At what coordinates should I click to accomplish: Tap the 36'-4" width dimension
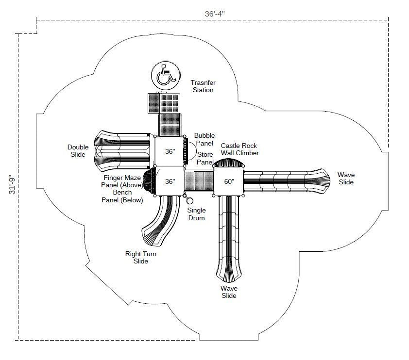(x=214, y=14)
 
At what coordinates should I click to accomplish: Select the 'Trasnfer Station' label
(x=203, y=86)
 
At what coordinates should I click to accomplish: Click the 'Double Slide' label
(x=78, y=151)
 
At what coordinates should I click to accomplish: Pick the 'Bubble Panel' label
(x=204, y=140)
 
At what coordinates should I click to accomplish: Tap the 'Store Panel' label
(x=205, y=158)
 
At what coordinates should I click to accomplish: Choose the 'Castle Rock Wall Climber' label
(x=239, y=149)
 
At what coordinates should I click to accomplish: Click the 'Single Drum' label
(x=196, y=214)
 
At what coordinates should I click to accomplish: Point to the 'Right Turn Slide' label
(x=141, y=257)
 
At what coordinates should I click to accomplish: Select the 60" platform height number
(x=229, y=181)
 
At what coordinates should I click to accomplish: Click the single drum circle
(x=189, y=201)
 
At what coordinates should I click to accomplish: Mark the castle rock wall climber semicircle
(x=229, y=164)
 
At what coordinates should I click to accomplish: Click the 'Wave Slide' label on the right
(x=346, y=178)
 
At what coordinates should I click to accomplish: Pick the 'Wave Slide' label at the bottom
(x=229, y=292)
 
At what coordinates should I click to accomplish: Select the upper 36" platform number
(x=170, y=151)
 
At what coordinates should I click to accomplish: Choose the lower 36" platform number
(x=170, y=181)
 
